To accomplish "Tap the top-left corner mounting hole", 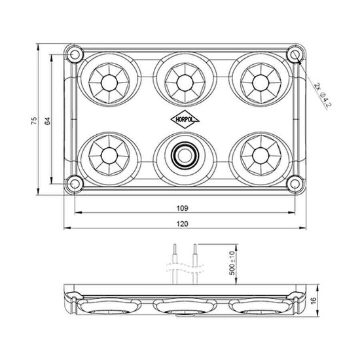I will pyautogui.click(x=75, y=52).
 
